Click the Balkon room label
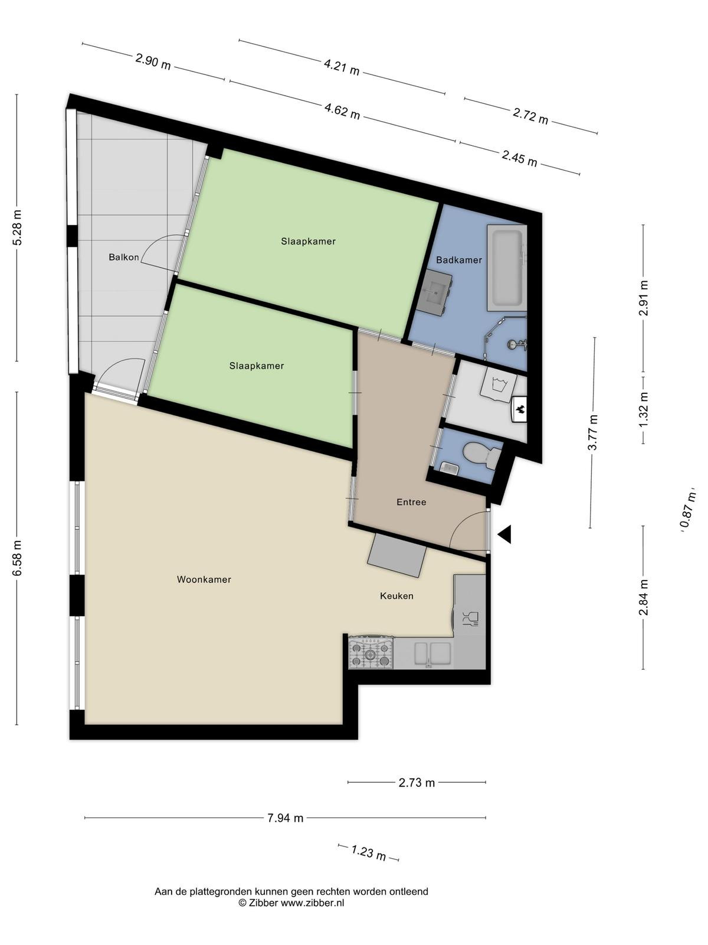[124, 258]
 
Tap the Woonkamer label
[204, 579]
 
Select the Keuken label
[396, 596]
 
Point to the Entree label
[411, 502]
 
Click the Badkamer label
[459, 260]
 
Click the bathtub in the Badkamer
[507, 268]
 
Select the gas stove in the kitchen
[371, 653]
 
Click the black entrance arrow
[504, 535]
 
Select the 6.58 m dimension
[17, 558]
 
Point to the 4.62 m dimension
[343, 111]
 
